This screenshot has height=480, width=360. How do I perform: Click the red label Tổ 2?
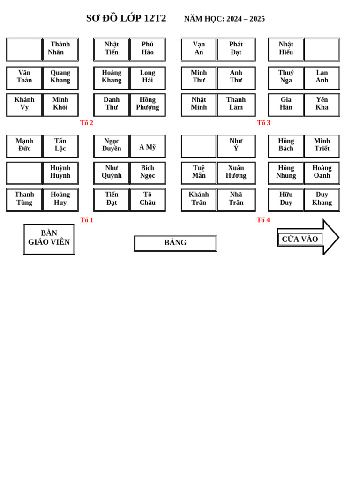coord(86,123)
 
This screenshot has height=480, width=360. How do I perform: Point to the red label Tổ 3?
coord(263,123)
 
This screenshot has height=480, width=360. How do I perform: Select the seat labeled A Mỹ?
coord(148,147)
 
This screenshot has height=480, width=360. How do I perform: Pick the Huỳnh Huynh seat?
coord(60,172)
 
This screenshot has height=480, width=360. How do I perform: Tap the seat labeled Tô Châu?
coord(148,199)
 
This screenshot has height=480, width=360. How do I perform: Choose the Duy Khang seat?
coord(322,199)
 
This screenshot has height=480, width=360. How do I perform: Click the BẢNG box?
coord(175,243)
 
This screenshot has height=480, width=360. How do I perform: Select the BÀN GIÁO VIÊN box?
coord(49,239)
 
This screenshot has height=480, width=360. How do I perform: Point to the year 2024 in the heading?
coord(234,19)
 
